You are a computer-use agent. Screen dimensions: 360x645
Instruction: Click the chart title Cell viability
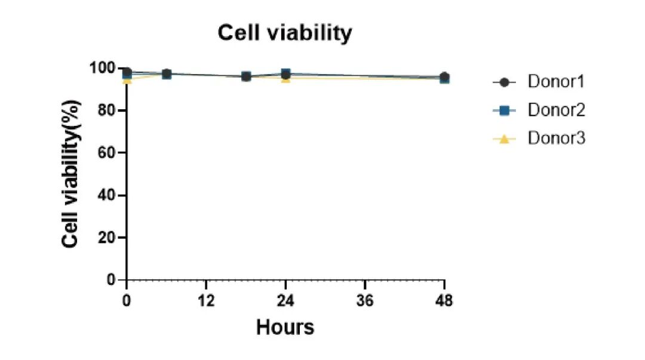285,33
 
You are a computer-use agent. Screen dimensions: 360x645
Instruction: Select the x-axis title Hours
285,327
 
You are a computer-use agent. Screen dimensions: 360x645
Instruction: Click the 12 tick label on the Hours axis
206,300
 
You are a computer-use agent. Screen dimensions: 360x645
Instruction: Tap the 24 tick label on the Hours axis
285,300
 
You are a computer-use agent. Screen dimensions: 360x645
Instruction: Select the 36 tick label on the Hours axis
365,300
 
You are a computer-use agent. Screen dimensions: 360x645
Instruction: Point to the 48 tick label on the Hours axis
444,300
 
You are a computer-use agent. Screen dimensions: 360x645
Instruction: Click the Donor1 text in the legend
555,82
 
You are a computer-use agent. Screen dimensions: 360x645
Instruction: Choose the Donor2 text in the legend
555,110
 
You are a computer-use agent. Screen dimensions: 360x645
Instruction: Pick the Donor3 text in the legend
555,139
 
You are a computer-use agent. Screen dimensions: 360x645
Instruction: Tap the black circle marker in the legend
503,82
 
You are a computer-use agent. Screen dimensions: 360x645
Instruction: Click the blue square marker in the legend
503,110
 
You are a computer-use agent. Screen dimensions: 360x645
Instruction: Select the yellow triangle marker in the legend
503,139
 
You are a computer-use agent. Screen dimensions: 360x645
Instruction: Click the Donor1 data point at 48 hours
444,77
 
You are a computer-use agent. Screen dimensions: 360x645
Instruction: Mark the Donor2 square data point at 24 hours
285,73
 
